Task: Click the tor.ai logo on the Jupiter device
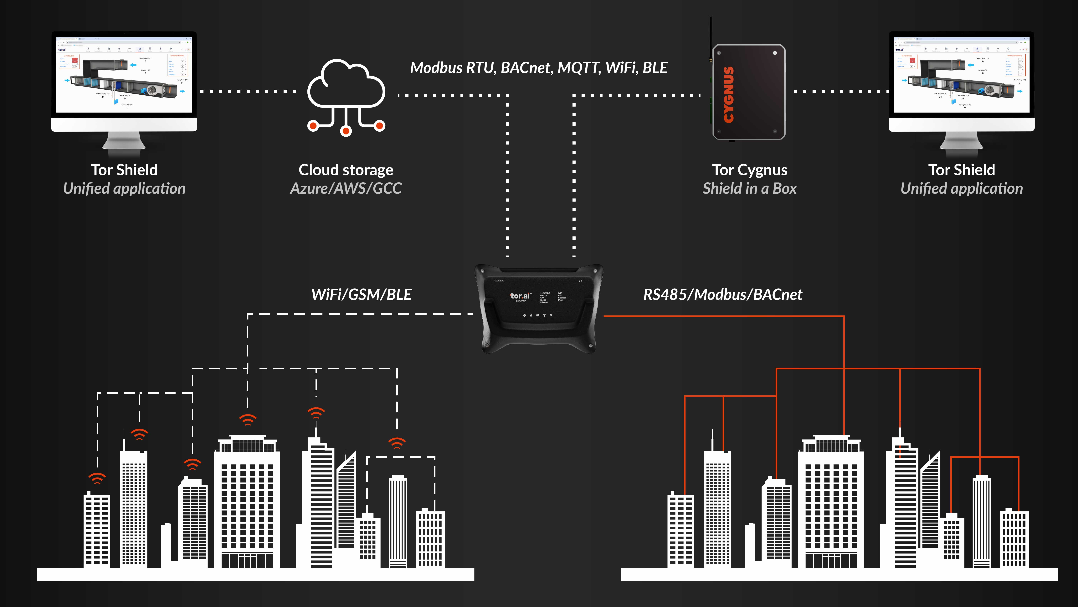(x=520, y=296)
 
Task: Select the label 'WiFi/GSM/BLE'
(x=361, y=294)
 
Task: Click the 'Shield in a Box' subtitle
(x=749, y=188)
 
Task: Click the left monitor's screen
(x=124, y=75)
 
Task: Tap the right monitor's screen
(x=961, y=75)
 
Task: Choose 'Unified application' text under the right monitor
(x=961, y=188)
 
